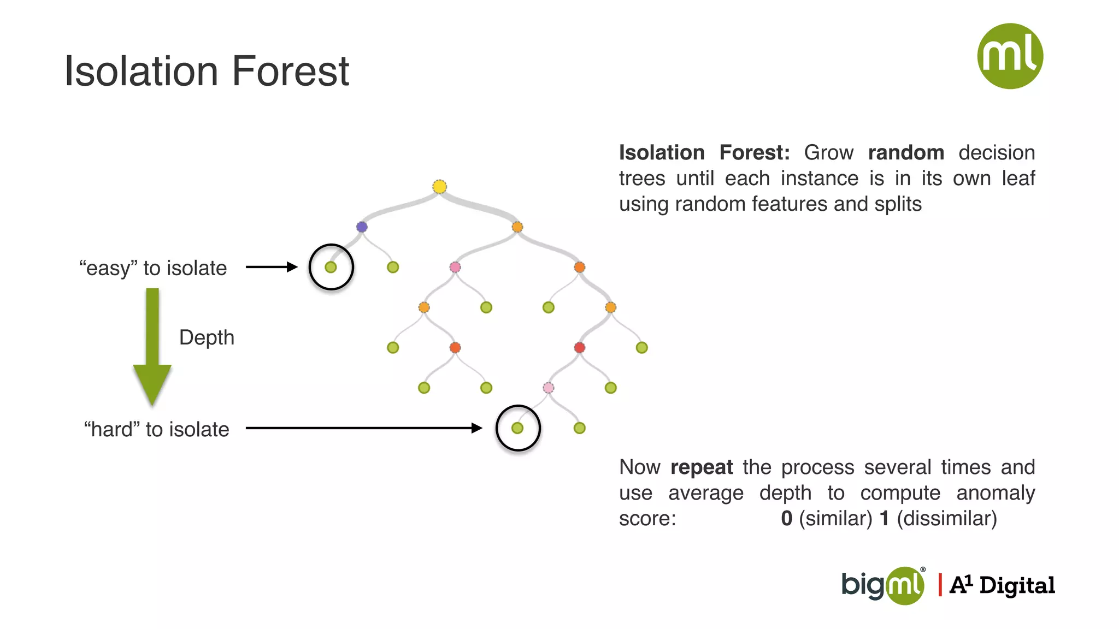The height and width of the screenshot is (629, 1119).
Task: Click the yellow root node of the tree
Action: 439,187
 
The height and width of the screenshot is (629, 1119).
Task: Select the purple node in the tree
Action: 362,227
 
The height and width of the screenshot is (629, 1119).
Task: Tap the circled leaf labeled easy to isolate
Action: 331,267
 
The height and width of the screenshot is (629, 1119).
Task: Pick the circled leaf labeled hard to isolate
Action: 517,428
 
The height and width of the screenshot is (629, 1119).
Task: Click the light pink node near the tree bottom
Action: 549,388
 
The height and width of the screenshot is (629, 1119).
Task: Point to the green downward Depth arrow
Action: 152,349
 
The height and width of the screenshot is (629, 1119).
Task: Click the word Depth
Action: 207,337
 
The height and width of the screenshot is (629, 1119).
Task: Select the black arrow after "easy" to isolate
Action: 271,267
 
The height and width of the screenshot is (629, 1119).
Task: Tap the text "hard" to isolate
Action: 156,429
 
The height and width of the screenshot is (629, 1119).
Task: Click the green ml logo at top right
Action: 1010,56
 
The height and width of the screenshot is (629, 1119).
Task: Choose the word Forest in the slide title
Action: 290,71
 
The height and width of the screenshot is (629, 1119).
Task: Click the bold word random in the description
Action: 906,152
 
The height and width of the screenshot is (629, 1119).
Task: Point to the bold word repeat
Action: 702,467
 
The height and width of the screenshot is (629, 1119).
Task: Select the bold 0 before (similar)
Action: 786,518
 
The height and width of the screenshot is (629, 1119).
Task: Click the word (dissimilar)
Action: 947,518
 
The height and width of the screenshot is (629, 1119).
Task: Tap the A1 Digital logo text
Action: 1002,585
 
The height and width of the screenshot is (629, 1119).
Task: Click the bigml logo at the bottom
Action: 882,585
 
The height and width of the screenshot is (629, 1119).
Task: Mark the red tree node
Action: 580,348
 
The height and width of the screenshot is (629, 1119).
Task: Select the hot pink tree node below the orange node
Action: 455,267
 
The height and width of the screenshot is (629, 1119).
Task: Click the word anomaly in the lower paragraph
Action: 996,492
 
